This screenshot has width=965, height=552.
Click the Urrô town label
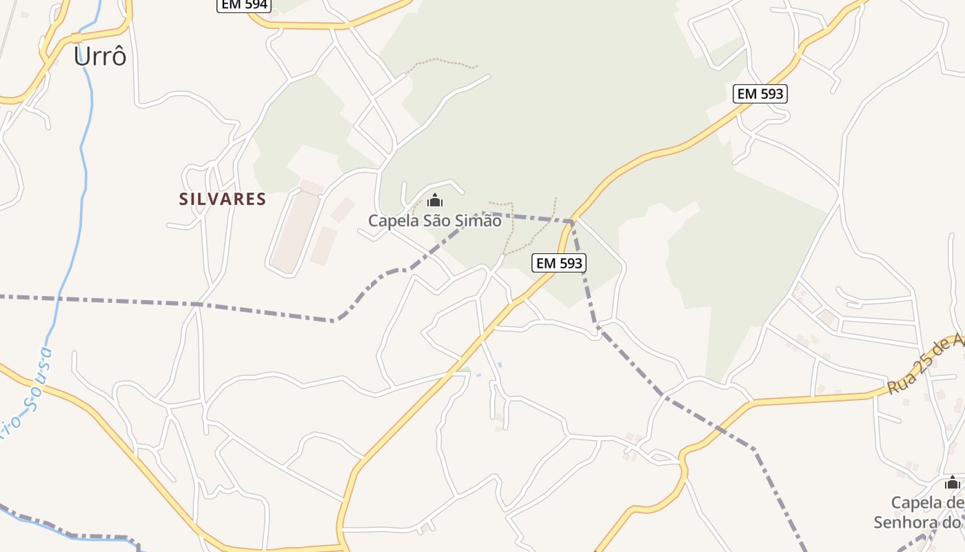tap(100, 57)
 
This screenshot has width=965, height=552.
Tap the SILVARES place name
tap(223, 199)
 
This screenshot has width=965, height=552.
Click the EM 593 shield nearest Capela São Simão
tap(559, 262)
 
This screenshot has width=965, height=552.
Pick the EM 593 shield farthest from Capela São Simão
tap(760, 94)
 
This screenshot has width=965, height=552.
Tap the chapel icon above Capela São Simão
tap(435, 201)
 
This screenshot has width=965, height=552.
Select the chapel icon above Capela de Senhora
tap(953, 482)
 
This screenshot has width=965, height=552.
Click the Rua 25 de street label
tap(924, 365)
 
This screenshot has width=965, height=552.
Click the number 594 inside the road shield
tap(254, 5)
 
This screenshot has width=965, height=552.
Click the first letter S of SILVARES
tap(184, 199)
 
